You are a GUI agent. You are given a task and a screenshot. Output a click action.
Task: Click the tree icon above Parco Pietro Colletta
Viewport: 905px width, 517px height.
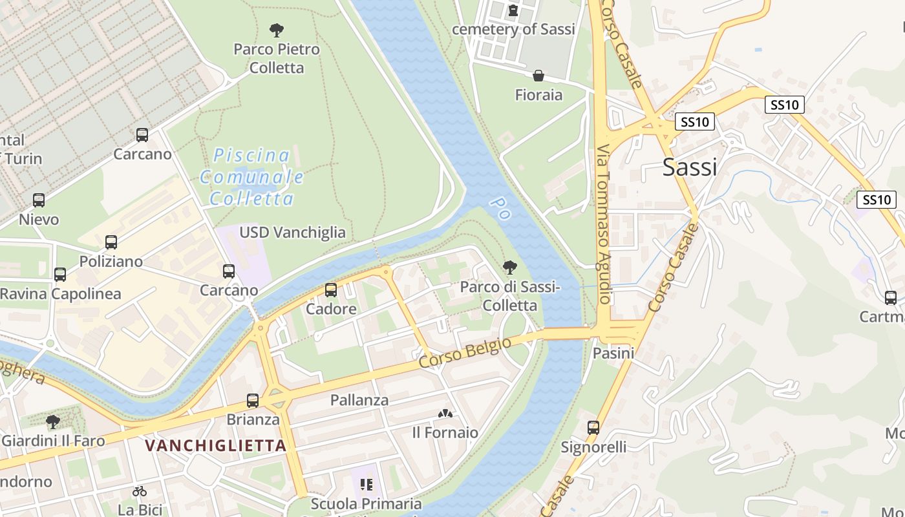click(277, 30)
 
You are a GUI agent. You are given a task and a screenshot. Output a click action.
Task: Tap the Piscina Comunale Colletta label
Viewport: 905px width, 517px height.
click(251, 176)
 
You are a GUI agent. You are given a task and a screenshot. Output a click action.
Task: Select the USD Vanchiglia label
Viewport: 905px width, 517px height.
click(292, 233)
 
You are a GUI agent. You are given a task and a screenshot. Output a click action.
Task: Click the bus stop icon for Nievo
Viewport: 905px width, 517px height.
click(39, 200)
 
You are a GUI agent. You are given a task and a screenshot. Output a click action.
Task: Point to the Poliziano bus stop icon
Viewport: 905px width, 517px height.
click(111, 242)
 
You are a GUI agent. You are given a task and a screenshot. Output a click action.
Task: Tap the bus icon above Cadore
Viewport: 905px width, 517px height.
click(331, 290)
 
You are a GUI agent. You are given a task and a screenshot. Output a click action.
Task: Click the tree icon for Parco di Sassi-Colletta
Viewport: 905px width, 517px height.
click(510, 268)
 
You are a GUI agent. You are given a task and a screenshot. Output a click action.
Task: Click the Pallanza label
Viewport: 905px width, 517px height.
click(359, 400)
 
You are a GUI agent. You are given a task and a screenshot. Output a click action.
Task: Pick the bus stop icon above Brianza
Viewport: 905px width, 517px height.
click(253, 401)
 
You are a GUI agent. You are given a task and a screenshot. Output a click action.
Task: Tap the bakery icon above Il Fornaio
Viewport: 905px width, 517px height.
click(445, 414)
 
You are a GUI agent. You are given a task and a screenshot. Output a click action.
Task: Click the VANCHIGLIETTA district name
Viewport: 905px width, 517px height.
click(215, 445)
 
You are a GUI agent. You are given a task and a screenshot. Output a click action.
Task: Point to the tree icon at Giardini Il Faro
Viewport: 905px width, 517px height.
click(53, 422)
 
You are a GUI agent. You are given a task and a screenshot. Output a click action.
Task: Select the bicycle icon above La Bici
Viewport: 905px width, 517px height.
click(140, 491)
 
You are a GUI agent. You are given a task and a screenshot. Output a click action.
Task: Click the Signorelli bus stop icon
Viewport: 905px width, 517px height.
click(593, 428)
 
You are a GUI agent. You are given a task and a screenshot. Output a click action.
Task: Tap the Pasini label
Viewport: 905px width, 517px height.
click(613, 353)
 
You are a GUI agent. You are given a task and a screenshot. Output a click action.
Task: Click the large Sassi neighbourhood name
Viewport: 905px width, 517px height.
click(690, 167)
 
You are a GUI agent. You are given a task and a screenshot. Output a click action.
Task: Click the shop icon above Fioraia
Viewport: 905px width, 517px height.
click(538, 76)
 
